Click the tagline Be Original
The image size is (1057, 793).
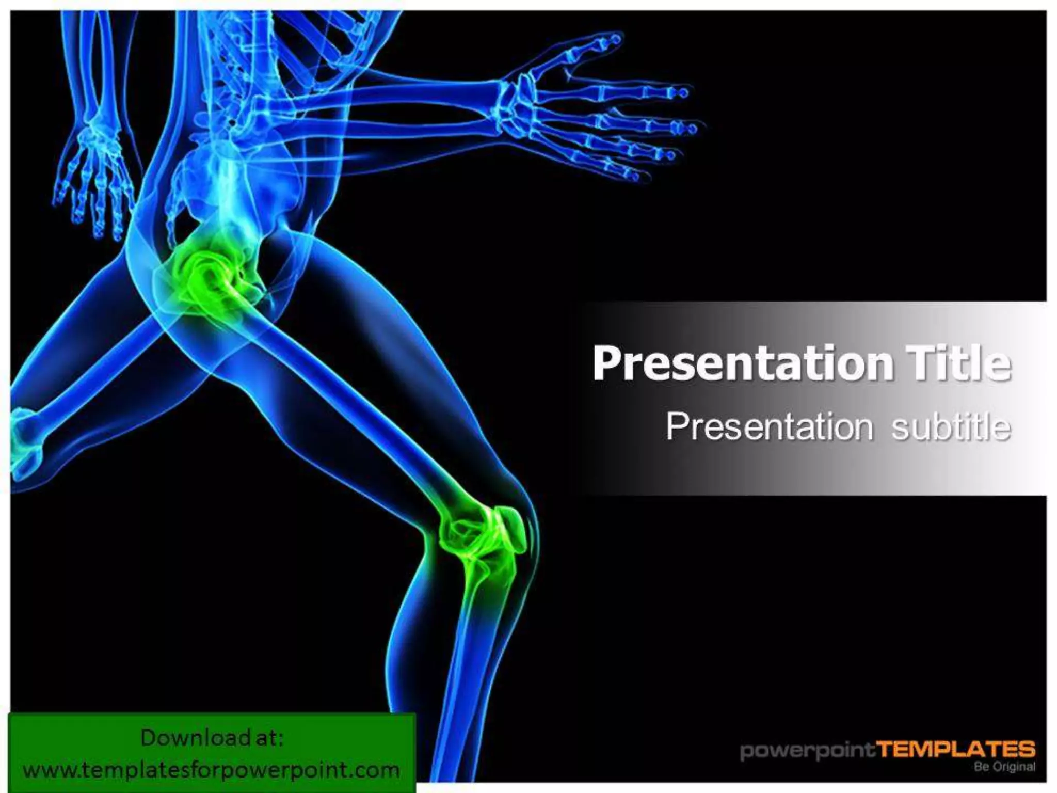pos(1004,767)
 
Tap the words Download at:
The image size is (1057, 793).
pos(212,738)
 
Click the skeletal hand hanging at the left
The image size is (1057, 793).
pos(93,176)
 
